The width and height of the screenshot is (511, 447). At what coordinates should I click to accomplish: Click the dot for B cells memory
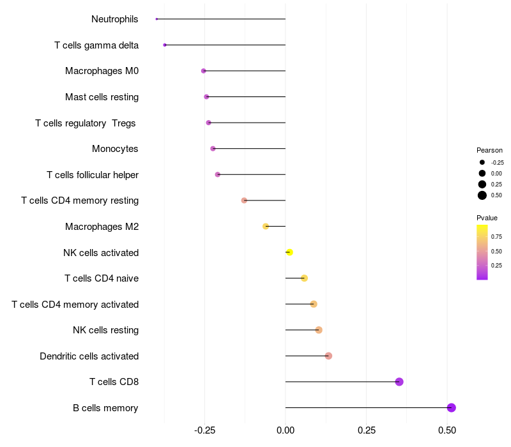(451, 407)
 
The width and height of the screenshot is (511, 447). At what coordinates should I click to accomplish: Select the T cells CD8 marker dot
(399, 382)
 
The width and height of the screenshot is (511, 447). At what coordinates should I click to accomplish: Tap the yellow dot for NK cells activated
(289, 252)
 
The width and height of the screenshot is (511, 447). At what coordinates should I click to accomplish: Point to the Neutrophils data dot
(156, 19)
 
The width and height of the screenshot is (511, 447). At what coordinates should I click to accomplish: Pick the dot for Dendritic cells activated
(328, 356)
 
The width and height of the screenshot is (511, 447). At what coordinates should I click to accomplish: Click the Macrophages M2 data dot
(266, 226)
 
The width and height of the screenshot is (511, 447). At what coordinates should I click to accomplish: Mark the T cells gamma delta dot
(165, 45)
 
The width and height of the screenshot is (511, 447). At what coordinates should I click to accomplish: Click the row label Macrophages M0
(102, 71)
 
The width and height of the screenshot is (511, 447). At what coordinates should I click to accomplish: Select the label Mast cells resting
(102, 97)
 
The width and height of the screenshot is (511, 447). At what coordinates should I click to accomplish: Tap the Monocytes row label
(115, 149)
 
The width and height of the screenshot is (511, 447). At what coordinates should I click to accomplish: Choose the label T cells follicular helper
(93, 175)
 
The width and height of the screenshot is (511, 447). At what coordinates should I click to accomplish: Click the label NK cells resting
(105, 330)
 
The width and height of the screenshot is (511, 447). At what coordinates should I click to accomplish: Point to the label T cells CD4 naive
(102, 278)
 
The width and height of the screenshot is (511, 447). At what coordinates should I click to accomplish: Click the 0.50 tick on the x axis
(447, 430)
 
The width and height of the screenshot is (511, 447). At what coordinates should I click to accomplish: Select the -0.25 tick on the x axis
(204, 430)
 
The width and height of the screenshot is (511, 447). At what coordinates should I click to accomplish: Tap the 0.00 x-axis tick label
(285, 430)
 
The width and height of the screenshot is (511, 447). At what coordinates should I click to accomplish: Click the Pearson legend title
(489, 150)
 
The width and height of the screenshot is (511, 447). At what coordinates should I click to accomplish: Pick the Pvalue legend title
(487, 218)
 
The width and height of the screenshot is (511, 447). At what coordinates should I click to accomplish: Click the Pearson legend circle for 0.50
(482, 195)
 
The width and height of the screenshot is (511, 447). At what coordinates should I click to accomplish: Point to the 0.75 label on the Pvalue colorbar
(497, 236)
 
